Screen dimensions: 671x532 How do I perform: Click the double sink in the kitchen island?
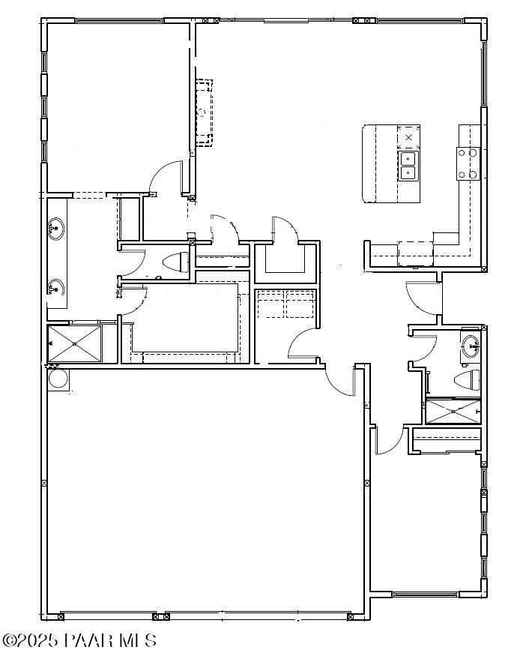(x=408, y=166)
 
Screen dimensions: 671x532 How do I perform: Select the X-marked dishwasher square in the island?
(x=408, y=138)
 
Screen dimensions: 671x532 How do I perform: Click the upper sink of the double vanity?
(x=55, y=229)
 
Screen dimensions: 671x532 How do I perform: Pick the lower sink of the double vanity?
(x=55, y=286)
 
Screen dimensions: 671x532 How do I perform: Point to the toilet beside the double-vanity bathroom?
(x=175, y=262)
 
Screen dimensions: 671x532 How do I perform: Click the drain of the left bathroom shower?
(x=75, y=343)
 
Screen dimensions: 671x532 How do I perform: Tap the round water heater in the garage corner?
(x=58, y=377)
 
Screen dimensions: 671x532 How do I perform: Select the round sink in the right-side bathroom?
(x=470, y=347)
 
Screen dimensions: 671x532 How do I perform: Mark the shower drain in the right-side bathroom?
(x=452, y=412)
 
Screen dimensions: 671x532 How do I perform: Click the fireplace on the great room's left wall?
(x=203, y=112)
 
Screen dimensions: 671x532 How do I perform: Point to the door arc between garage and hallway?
(x=339, y=379)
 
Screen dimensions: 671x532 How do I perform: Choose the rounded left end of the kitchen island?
(x=368, y=164)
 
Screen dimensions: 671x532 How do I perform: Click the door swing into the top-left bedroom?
(x=166, y=178)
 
